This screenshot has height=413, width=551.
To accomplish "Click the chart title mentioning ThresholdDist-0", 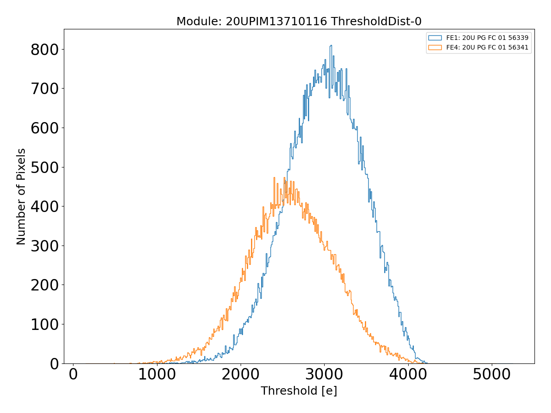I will [x=299, y=21].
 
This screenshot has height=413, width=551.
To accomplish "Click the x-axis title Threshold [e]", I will [x=299, y=391].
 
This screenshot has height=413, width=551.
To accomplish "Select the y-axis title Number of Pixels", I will [x=21, y=196].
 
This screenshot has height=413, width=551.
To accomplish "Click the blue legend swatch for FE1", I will [x=435, y=38].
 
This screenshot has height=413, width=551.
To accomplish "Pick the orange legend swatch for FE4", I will [x=435, y=47].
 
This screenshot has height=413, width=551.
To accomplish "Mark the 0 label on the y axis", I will [x=54, y=363].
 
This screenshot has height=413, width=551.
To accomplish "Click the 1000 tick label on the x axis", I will [x=157, y=374].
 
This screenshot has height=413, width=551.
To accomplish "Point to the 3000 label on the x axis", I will [x=324, y=374].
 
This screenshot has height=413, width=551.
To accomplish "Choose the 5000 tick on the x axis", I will [x=492, y=374].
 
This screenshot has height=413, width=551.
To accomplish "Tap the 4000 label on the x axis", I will [x=408, y=374].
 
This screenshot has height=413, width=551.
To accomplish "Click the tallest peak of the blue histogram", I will [x=330, y=45].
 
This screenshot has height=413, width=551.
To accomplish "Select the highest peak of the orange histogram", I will [x=274, y=178].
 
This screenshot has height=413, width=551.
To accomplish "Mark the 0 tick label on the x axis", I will [x=73, y=374].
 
